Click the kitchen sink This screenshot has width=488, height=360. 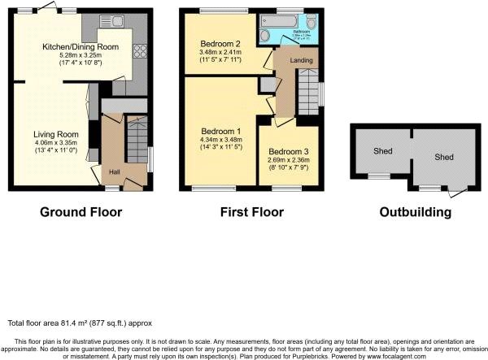pyautogui.click(x=117, y=21)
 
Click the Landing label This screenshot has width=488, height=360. pyautogui.click(x=302, y=60)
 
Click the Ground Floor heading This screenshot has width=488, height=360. pyautogui.click(x=81, y=212)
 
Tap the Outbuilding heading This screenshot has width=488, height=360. pyautogui.click(x=415, y=212)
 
